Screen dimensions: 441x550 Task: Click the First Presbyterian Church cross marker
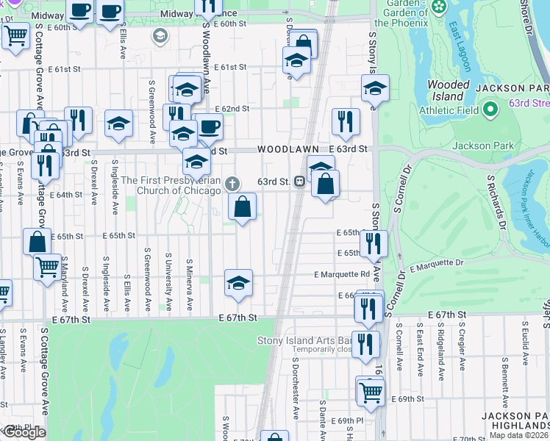tap(232, 183)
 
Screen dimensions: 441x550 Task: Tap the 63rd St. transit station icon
tap(300, 181)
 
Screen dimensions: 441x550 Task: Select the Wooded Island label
tap(448, 90)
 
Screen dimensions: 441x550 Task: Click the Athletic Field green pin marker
tap(492, 110)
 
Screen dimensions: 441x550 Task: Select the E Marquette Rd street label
tap(341, 274)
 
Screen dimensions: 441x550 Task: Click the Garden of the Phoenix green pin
tap(439, 7)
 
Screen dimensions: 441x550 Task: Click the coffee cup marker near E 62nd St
tap(209, 126)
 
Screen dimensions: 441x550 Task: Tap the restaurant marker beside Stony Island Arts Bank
tap(365, 343)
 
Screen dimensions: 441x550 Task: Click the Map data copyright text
tap(519, 435)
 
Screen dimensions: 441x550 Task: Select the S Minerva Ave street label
tap(190, 284)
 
